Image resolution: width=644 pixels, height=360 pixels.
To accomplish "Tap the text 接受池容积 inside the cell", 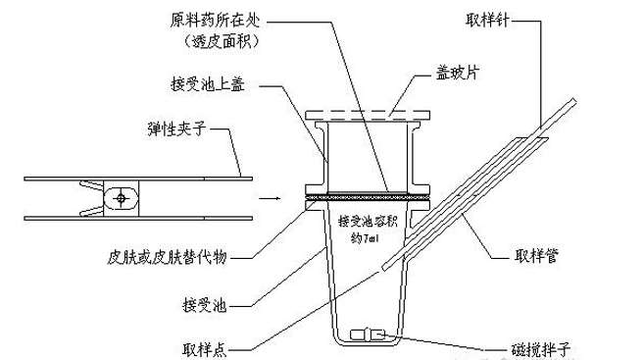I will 369,221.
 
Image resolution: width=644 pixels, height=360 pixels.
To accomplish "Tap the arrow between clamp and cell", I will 265,199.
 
